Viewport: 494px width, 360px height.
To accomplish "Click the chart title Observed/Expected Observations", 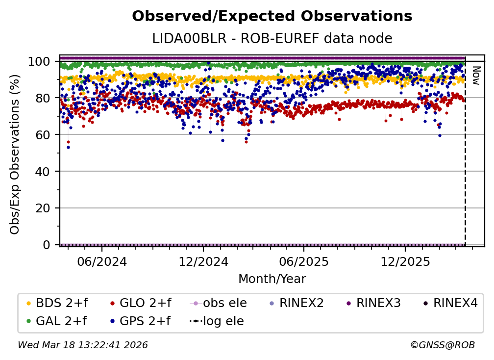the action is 272,16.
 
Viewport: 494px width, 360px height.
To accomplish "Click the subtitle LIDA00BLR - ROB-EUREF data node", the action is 272,38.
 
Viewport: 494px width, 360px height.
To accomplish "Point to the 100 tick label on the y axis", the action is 39,61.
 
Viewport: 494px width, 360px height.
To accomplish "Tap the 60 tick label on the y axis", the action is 43,135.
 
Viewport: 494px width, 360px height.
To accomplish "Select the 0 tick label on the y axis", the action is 46,245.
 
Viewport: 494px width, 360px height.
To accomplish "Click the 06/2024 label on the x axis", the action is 102,261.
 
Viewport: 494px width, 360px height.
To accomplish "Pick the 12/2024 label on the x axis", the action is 203,261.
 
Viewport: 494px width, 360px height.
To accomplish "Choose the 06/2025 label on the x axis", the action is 304,261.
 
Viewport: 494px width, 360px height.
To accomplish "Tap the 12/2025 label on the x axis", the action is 405,261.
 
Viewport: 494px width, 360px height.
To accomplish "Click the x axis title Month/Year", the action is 272,279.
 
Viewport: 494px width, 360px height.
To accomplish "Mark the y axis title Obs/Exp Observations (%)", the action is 15,154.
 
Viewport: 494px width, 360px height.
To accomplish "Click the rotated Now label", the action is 476,76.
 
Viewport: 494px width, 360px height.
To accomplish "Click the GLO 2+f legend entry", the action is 141,303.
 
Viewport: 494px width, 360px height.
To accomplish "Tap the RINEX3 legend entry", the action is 373,303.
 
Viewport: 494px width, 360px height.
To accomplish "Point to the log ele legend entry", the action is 217,321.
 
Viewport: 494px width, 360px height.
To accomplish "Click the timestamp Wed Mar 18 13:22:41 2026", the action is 82,345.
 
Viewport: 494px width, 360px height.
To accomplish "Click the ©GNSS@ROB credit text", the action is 443,345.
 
